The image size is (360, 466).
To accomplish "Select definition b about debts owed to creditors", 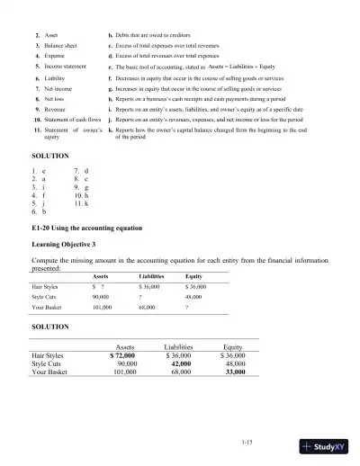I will pos(155,33).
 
